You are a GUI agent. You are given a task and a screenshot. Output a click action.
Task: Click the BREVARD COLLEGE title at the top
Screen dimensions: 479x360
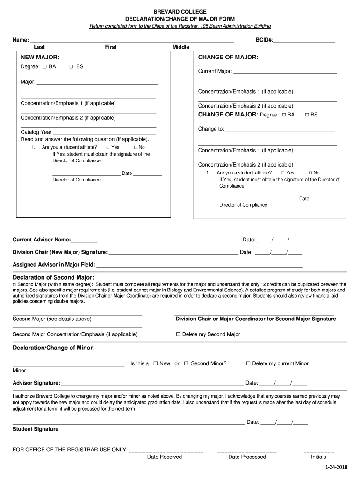coord(180,11)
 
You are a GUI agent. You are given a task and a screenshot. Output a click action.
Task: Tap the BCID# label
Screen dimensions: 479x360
coord(264,40)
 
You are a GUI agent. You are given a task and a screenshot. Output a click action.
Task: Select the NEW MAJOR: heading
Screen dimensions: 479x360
coord(40,57)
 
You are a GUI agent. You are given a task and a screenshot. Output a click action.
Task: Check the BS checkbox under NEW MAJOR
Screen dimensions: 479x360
coord(72,67)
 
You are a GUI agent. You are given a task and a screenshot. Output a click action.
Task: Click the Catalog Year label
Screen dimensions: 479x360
coord(36,132)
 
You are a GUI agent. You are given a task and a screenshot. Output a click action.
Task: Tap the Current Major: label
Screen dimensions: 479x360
coord(215,71)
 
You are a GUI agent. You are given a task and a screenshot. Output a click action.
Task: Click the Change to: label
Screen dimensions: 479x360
coord(211,129)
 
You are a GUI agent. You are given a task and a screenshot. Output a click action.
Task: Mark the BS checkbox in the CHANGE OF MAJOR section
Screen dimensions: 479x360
coord(307,115)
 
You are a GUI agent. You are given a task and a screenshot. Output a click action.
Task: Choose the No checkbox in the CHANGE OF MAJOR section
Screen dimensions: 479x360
coord(310,173)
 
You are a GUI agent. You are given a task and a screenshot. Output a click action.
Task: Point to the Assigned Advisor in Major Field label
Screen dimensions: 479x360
coord(54,265)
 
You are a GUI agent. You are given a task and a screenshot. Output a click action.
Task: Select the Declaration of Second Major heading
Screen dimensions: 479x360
coord(53,277)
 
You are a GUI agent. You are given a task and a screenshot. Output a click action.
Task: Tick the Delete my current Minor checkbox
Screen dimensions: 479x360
coord(248,363)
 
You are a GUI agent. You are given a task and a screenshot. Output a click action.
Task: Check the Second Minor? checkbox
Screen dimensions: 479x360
coord(186,363)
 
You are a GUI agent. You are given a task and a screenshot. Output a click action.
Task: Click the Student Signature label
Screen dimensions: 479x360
coord(36,429)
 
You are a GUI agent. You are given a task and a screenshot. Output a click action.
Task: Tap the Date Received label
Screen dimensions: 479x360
coord(164,457)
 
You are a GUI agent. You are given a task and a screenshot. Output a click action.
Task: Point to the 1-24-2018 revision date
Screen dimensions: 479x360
coord(337,468)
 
